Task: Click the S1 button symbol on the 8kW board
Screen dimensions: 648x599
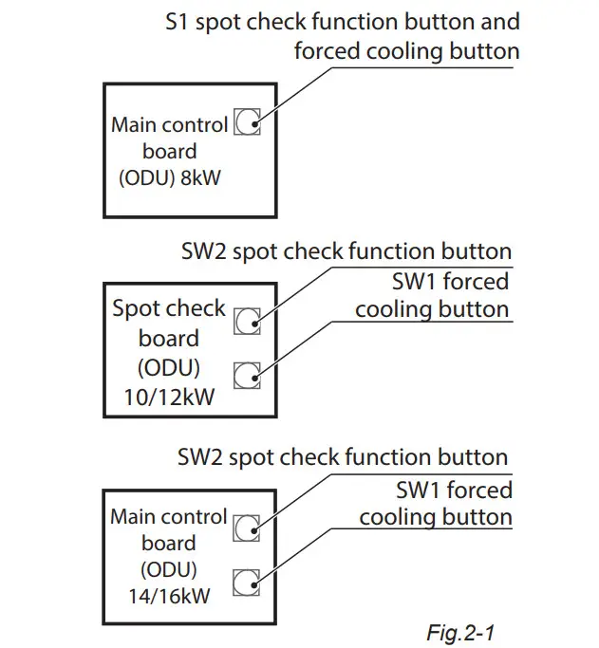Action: pyautogui.click(x=247, y=123)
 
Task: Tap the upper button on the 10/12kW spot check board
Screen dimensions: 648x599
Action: pyautogui.click(x=247, y=322)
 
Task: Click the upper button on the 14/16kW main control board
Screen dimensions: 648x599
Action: pyautogui.click(x=247, y=528)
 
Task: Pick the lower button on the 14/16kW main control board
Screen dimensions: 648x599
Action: pyautogui.click(x=247, y=581)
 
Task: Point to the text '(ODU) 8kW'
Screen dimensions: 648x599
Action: pyautogui.click(x=170, y=177)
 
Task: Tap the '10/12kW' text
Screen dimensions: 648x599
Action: pyautogui.click(x=170, y=398)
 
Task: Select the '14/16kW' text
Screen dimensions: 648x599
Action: pyautogui.click(x=169, y=598)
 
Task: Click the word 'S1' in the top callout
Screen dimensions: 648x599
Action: pyautogui.click(x=177, y=21)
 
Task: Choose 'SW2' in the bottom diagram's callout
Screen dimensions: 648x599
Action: pyautogui.click(x=200, y=457)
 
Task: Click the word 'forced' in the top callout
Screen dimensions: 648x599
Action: pyautogui.click(x=328, y=50)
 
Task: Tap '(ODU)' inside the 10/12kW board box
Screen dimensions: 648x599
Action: pyautogui.click(x=169, y=368)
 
